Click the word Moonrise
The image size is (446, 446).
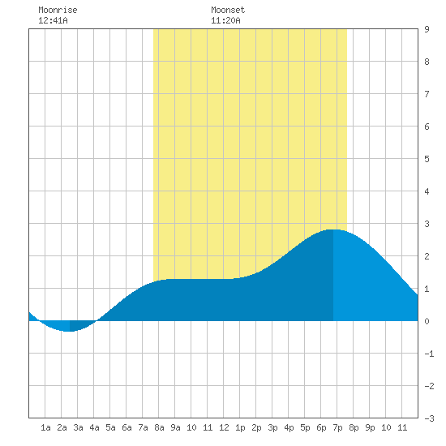click(x=58, y=10)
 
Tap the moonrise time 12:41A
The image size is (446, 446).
click(x=53, y=20)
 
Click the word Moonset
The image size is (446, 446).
click(x=228, y=10)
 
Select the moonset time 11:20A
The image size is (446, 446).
click(x=225, y=20)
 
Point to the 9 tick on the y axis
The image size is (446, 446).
click(x=427, y=29)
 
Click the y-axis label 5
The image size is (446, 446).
click(x=427, y=159)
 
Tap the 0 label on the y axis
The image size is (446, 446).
click(x=427, y=321)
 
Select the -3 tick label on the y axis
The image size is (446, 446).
click(x=429, y=418)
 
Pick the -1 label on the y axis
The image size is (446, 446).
click(x=429, y=354)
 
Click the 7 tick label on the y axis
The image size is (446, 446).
click(x=427, y=94)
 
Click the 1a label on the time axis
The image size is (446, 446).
click(x=45, y=427)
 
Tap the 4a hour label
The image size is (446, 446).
click(x=94, y=427)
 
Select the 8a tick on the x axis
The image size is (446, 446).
click(x=159, y=427)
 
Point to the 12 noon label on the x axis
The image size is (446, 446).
click(x=224, y=427)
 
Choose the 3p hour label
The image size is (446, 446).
click(x=272, y=427)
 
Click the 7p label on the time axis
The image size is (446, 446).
click(x=337, y=427)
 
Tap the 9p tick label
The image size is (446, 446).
click(x=370, y=427)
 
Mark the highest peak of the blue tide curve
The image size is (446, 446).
click(x=332, y=229)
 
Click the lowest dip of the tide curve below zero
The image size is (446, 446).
click(x=68, y=332)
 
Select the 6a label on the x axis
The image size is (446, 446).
click(x=127, y=427)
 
